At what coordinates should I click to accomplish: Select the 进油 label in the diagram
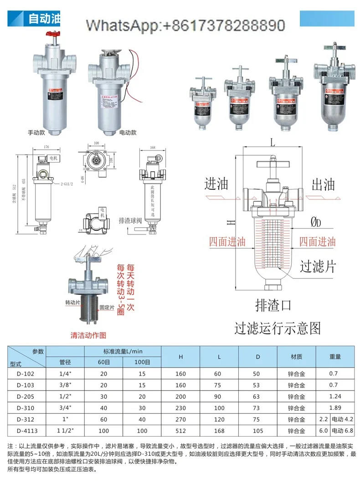tap(216, 184)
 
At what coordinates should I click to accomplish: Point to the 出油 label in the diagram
tap(324, 184)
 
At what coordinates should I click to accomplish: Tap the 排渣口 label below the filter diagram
tap(273, 304)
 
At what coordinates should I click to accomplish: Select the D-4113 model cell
tap(27, 430)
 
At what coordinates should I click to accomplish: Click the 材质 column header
tap(296, 357)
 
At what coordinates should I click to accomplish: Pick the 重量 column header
tap(335, 357)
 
